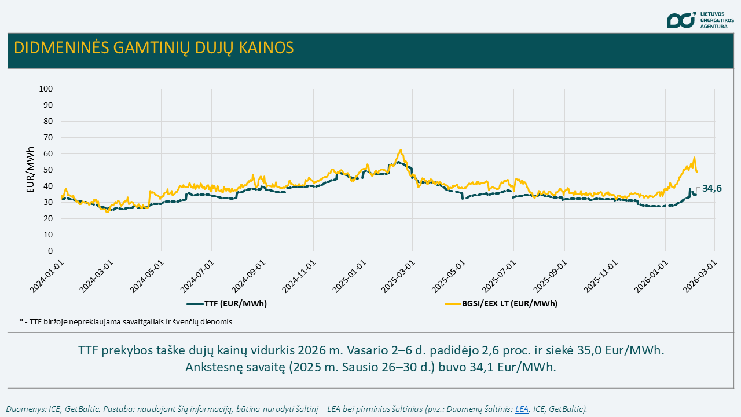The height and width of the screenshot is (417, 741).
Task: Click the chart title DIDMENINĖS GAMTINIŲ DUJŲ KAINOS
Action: [x=153, y=47]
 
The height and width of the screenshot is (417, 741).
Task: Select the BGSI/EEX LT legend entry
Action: [x=501, y=303]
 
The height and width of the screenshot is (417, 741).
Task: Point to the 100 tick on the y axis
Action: [x=46, y=89]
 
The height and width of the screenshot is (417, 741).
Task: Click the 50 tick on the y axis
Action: [x=48, y=170]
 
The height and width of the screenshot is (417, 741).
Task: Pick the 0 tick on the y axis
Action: [x=50, y=251]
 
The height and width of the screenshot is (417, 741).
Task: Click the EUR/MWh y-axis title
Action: [x=31, y=170]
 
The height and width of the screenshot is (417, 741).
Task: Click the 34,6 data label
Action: [x=712, y=188]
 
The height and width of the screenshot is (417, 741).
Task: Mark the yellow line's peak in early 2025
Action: [x=401, y=150]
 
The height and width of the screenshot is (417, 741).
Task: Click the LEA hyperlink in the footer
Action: [x=522, y=409]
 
